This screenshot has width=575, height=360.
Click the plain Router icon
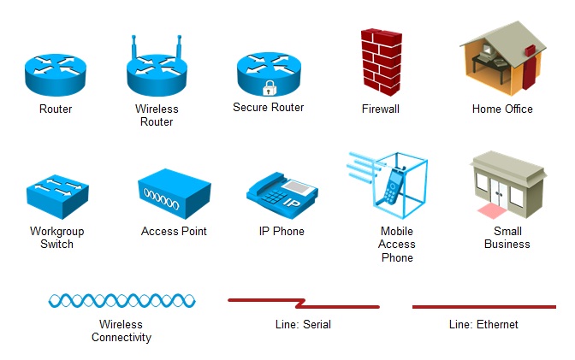56,74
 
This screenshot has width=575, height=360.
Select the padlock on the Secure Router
269,87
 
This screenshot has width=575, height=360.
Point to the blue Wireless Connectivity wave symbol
122,300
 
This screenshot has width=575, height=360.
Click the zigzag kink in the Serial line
301,303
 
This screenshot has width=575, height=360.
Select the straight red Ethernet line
483,306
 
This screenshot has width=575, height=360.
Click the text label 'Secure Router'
269,108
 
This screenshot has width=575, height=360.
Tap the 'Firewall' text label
381,109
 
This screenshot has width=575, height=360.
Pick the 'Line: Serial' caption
304,325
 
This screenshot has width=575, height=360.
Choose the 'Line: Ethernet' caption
483,325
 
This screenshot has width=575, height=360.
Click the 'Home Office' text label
502,109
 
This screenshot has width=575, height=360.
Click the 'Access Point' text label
174,231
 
